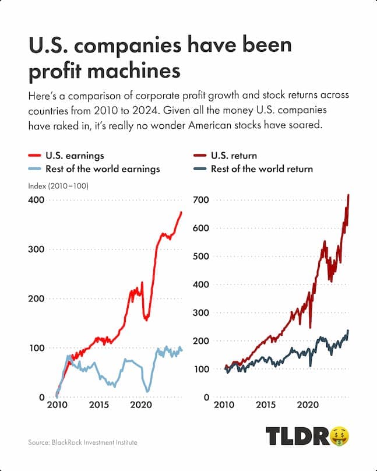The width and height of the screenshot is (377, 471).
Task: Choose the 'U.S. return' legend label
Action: coord(234,156)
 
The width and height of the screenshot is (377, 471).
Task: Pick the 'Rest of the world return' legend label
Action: coord(262,169)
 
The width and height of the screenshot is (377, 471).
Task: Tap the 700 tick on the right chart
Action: coord(202,200)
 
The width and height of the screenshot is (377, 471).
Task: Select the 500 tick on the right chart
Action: coord(202,256)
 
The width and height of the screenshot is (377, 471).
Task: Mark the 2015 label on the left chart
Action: coord(98,405)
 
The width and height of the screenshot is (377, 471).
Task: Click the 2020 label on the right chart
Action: coord(308,405)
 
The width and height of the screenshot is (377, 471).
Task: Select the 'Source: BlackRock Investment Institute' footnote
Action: coord(83,443)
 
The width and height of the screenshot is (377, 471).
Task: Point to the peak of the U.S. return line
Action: coord(348,195)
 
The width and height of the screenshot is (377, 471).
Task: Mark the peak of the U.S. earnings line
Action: coord(181,212)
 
